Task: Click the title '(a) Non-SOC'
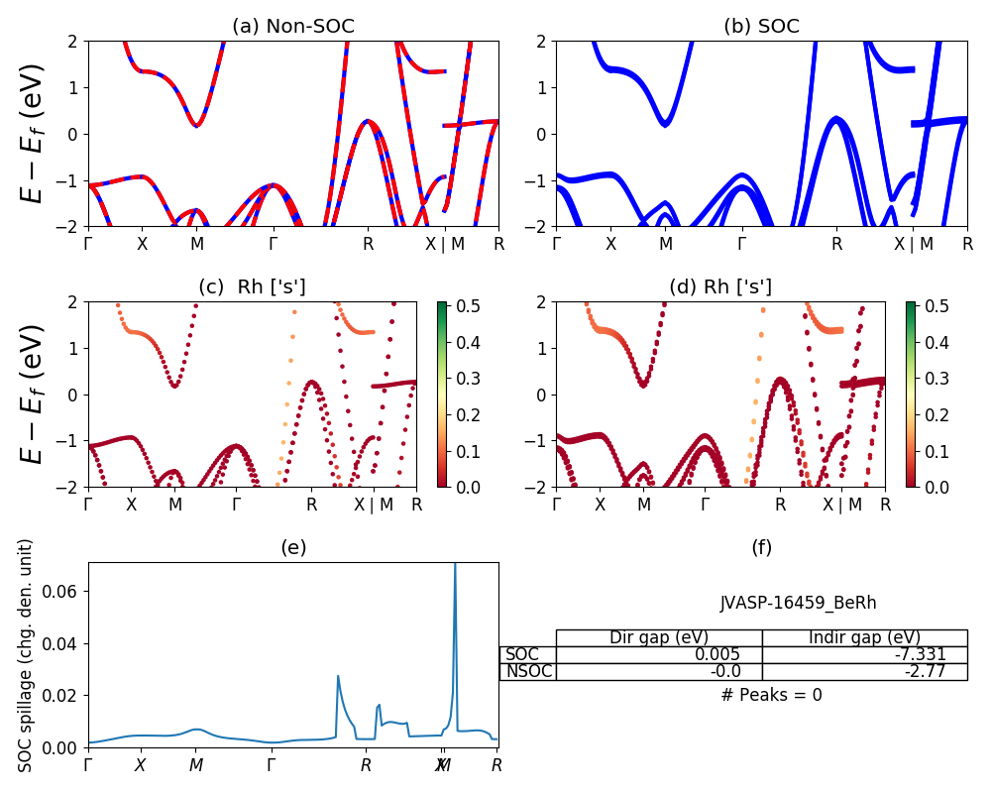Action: tap(292, 27)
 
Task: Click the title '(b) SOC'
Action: tap(761, 27)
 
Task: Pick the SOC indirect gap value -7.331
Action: tap(920, 654)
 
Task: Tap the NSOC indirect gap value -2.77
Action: tap(926, 671)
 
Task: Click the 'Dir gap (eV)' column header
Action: tap(659, 637)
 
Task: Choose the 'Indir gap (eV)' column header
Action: tap(864, 637)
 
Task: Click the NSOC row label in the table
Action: tap(527, 671)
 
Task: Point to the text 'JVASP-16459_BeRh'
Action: tap(798, 603)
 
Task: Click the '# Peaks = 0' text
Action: tap(771, 695)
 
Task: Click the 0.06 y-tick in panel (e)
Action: tap(65, 591)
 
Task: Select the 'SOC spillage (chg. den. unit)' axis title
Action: tap(27, 655)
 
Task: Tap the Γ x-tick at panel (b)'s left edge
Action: tap(557, 243)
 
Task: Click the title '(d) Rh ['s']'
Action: tap(720, 287)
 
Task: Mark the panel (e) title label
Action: tap(293, 547)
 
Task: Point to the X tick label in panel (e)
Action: tap(140, 765)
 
